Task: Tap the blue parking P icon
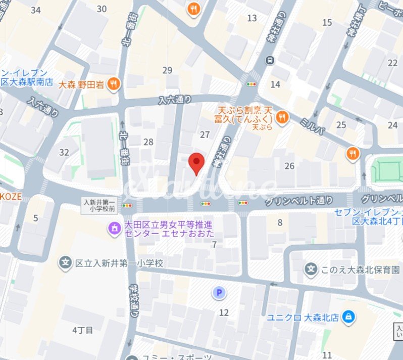pyautogui.click(x=219, y=292)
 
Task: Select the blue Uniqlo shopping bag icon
pyautogui.click(x=348, y=318)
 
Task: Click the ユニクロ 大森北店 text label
pyautogui.click(x=303, y=318)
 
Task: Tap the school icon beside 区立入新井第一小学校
pyautogui.click(x=65, y=263)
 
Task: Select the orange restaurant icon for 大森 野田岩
pyautogui.click(x=114, y=84)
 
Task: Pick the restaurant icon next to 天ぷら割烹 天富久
pyautogui.click(x=282, y=117)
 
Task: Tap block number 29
pyautogui.click(x=167, y=70)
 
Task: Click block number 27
pyautogui.click(x=205, y=134)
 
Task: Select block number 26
pyautogui.click(x=289, y=166)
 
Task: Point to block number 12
pyautogui.click(x=224, y=312)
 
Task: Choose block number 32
pyautogui.click(x=64, y=152)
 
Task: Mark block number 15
pyautogui.click(x=327, y=22)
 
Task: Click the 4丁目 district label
pyautogui.click(x=83, y=330)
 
